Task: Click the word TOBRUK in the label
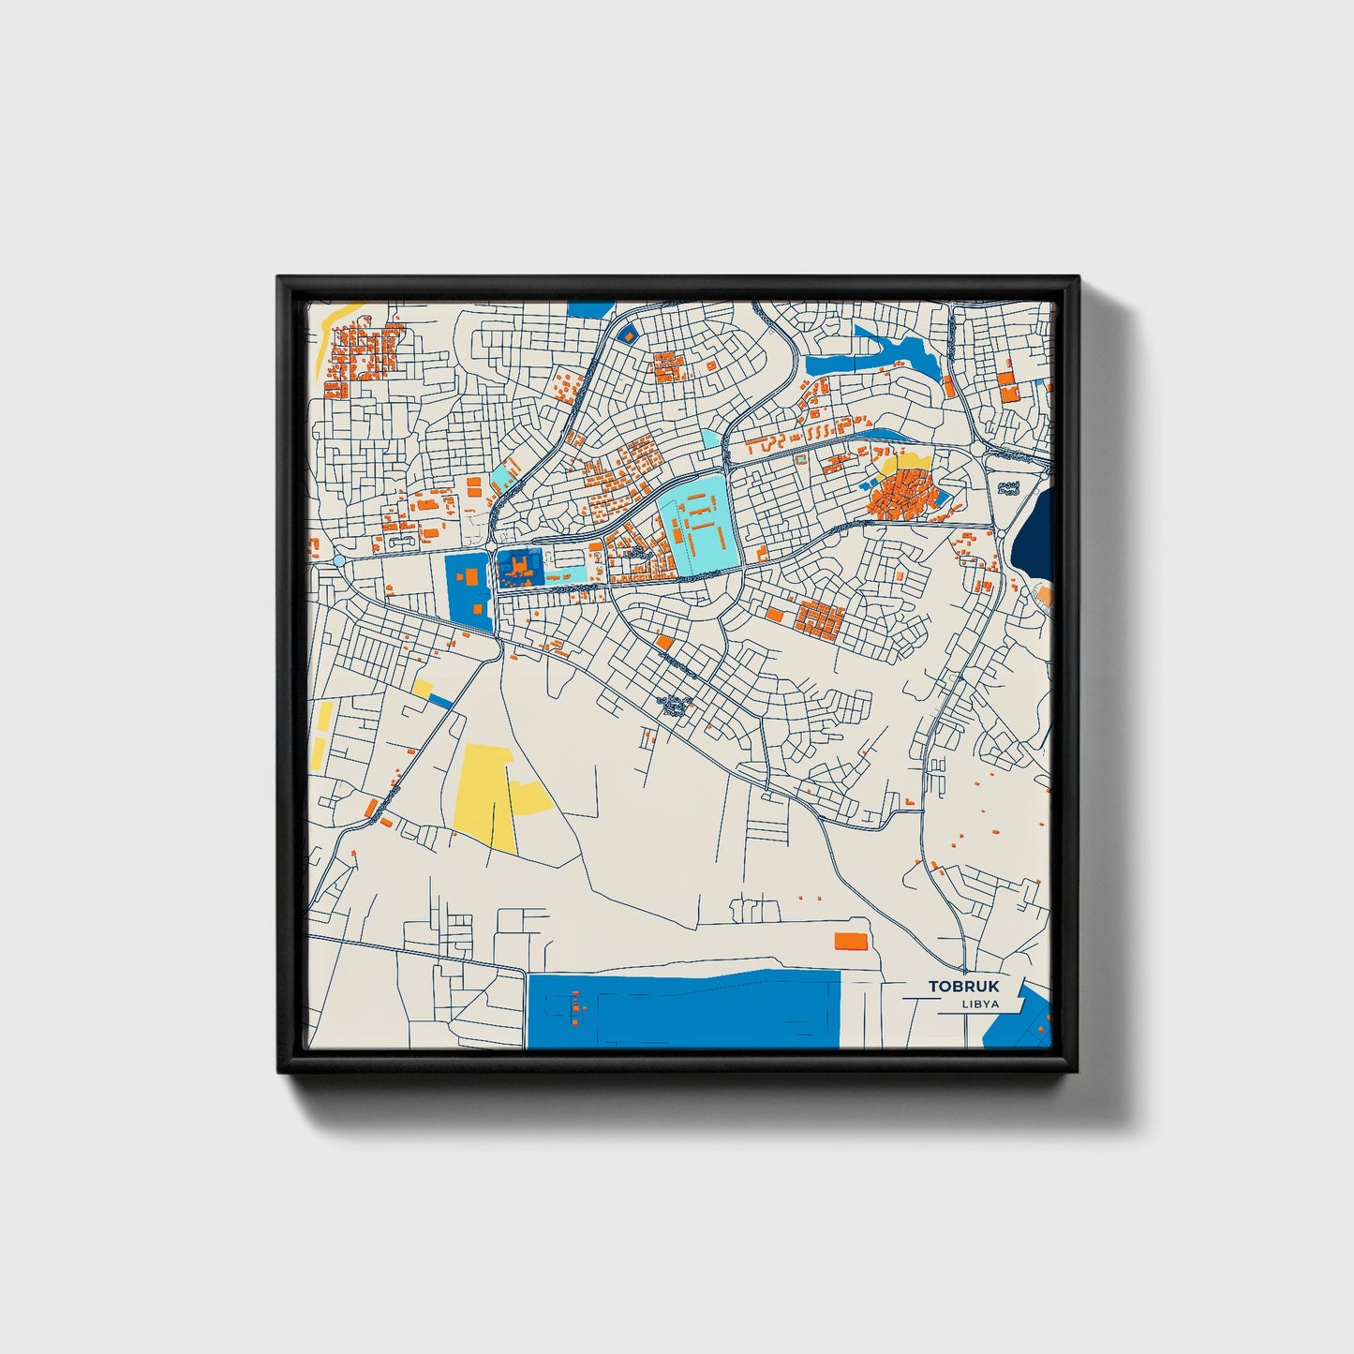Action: click(963, 986)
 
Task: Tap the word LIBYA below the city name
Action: click(979, 1004)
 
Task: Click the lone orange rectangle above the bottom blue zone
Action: click(851, 940)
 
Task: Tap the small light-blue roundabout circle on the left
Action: click(338, 560)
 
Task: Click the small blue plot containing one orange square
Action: click(627, 333)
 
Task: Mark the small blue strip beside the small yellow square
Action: click(440, 700)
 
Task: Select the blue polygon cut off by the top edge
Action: click(590, 308)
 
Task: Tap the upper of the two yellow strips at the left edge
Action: click(325, 717)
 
